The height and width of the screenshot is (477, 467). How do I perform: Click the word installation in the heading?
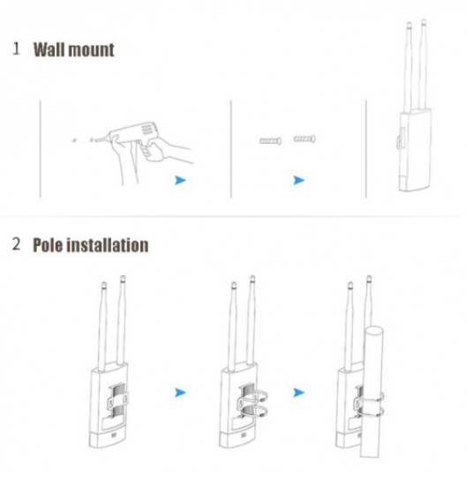point(108,245)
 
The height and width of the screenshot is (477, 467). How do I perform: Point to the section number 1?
point(16,48)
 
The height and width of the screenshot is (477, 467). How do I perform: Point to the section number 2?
point(16,244)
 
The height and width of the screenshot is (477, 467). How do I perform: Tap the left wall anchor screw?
point(270,141)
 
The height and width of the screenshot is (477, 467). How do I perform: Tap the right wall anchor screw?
point(305,139)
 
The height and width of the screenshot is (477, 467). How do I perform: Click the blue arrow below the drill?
point(180,180)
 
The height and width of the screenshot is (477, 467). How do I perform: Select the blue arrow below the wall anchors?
point(298,180)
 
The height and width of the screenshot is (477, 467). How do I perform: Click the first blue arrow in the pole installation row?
point(180,392)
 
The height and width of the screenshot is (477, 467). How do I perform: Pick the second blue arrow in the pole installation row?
point(298,392)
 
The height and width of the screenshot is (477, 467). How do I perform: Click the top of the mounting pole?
point(374,331)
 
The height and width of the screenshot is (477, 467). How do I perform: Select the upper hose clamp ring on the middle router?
point(254,397)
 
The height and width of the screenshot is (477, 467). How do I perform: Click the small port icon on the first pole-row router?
point(114,436)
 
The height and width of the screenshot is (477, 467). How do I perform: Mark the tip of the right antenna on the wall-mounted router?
point(424,20)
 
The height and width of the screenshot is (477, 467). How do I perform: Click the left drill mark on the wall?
point(74,140)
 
